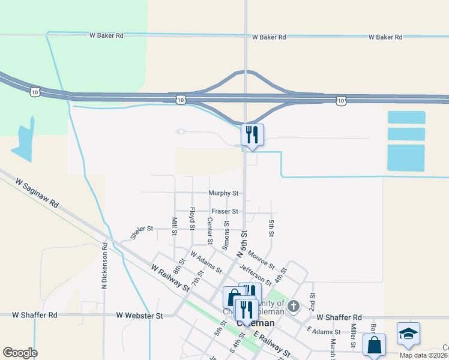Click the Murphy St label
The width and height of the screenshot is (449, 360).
click(223, 193)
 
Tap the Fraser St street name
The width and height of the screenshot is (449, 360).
click(225, 211)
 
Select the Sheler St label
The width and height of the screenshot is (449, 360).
click(142, 229)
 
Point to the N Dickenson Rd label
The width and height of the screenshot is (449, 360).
click(104, 264)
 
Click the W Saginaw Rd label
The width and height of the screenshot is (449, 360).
click(37, 193)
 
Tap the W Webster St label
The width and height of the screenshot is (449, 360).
click(139, 315)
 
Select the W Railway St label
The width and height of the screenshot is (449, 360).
click(170, 279)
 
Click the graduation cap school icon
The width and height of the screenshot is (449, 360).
click(408, 334)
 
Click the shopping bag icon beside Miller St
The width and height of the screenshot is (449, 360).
click(374, 345)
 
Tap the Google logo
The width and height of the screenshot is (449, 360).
click(20, 352)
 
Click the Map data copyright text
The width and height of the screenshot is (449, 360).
click(424, 355)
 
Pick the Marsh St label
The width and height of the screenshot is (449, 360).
click(332, 346)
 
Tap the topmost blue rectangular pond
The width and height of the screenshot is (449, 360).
click(406, 118)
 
